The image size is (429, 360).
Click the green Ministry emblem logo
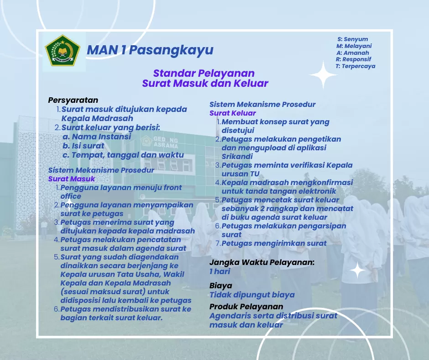tap(63, 50)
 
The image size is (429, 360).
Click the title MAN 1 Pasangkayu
tap(150, 50)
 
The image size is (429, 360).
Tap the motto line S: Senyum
tap(352, 39)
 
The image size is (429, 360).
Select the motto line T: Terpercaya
tap(356, 66)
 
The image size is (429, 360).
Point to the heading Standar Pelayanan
tap(204, 73)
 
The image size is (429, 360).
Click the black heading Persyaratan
tap(73, 100)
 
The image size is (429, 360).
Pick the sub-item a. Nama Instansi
tap(97, 137)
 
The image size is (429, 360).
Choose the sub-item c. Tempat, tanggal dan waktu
tap(123, 155)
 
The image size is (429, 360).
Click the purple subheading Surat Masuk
tap(71, 179)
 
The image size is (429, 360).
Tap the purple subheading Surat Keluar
tap(233, 113)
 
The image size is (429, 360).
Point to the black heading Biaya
tap(220, 286)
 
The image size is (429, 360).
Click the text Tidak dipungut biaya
tap(252, 295)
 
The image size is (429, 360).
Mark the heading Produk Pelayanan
tap(246, 306)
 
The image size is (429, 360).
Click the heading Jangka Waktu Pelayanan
tap(262, 262)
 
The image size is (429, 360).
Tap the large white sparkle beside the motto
tap(323, 75)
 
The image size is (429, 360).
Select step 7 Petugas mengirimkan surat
tap(271, 244)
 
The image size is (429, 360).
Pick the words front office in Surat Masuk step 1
tap(121, 192)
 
